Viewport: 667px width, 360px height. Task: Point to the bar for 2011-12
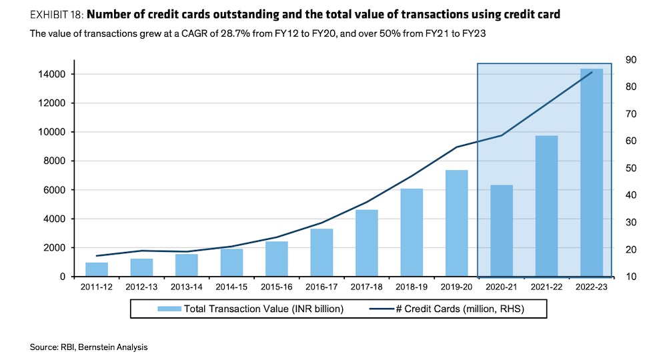click(97, 269)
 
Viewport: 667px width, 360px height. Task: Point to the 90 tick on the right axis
click(630, 60)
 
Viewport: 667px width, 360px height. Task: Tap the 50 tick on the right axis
click(630, 168)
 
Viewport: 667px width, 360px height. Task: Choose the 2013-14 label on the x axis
click(186, 286)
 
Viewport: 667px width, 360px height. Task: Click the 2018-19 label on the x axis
click(412, 286)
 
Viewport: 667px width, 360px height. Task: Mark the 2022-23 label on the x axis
click(592, 286)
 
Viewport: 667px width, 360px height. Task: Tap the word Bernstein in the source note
click(95, 347)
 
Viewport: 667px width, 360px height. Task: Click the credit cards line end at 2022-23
click(592, 72)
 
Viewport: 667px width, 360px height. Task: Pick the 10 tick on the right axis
click(630, 276)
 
